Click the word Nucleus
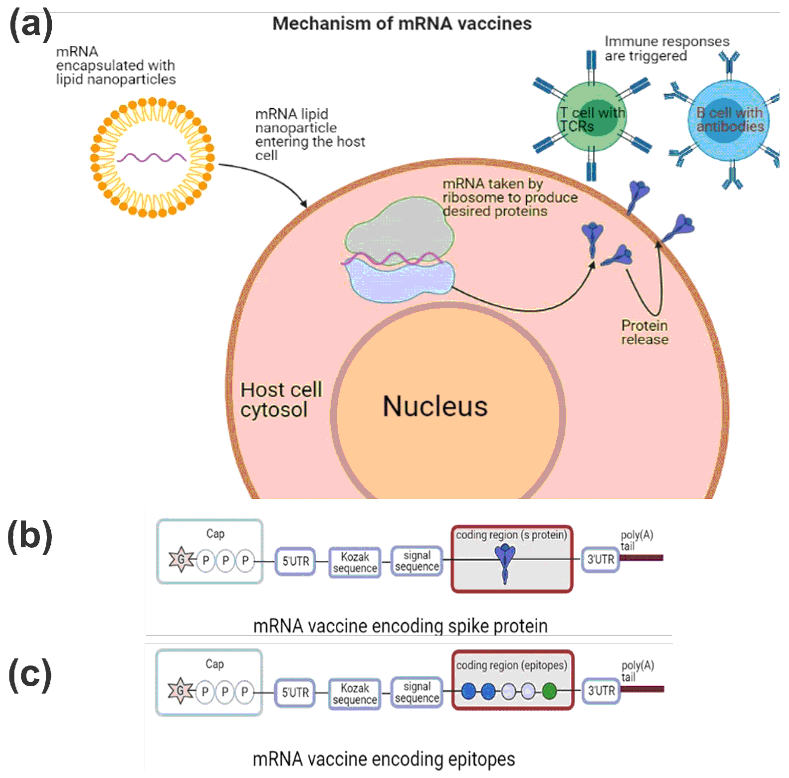(x=435, y=406)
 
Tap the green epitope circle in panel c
(x=550, y=691)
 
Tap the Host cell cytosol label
(x=281, y=399)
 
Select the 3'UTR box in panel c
(x=601, y=690)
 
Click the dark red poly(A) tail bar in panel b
(x=641, y=557)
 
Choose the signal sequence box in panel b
(x=417, y=561)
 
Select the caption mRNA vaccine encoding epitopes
(x=384, y=759)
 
